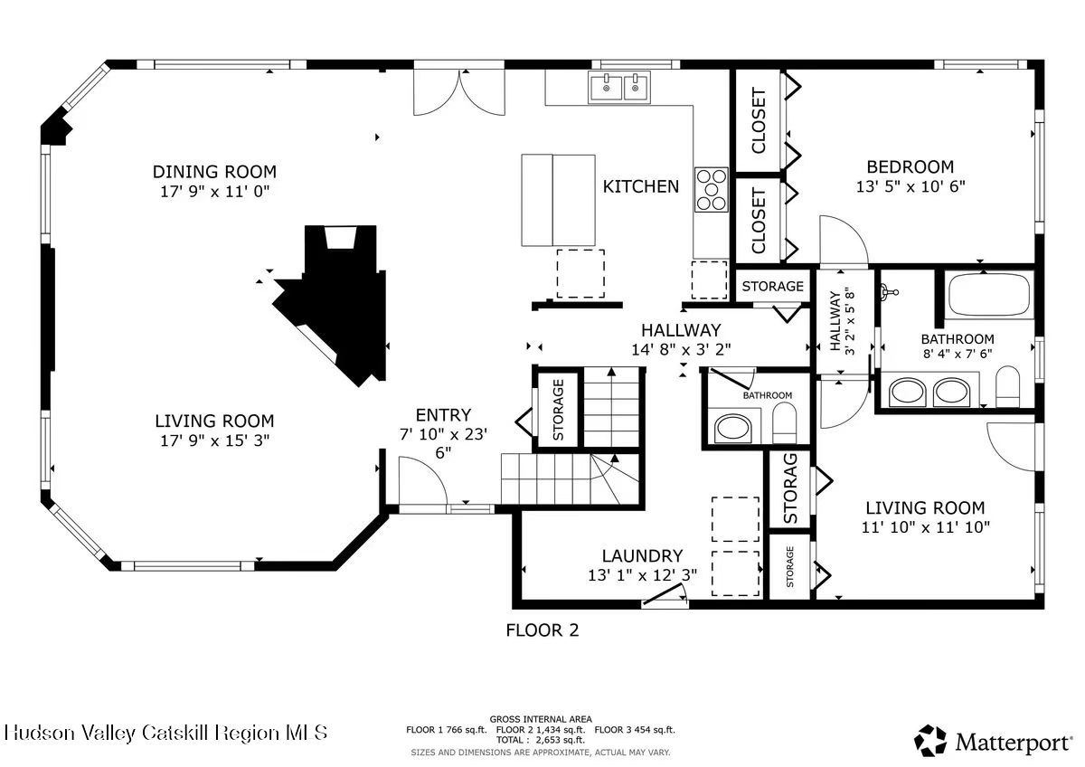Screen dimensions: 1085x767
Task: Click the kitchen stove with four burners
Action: click(x=712, y=189)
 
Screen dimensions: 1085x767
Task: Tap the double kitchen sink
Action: click(x=619, y=87)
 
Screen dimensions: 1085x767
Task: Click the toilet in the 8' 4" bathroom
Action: click(x=1008, y=386)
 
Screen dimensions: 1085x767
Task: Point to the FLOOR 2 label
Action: click(x=542, y=630)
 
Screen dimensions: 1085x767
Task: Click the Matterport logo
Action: click(x=993, y=741)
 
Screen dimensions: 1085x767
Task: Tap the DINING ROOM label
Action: click(x=214, y=172)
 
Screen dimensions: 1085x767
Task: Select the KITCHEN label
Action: click(x=641, y=186)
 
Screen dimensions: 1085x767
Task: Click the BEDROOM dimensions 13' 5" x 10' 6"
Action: click(x=910, y=186)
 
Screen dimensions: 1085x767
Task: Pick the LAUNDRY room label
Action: click(x=642, y=555)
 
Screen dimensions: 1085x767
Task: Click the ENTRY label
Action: click(x=443, y=415)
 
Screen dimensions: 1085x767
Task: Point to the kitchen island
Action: click(x=558, y=200)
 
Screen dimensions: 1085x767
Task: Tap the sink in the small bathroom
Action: click(x=733, y=429)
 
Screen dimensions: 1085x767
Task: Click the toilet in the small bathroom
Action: click(x=784, y=423)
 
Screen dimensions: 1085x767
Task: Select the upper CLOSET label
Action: click(x=759, y=120)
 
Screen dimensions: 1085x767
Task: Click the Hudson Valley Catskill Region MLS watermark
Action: click(x=165, y=734)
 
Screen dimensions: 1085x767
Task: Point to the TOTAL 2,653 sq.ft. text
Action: click(x=540, y=741)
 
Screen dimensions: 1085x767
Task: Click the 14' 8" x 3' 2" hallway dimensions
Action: click(x=681, y=349)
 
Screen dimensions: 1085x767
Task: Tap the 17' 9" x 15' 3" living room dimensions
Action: click(x=214, y=440)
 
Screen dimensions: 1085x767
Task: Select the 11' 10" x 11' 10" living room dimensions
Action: click(x=925, y=527)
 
